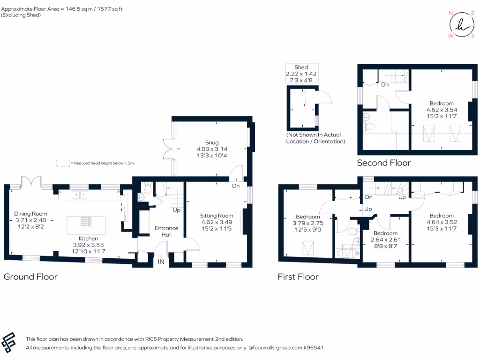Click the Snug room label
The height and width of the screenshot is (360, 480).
(x=212, y=149)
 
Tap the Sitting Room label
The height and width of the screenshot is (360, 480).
(x=217, y=222)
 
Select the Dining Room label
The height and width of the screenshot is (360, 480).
(x=30, y=220)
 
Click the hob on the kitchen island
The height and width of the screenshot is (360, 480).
(x=86, y=221)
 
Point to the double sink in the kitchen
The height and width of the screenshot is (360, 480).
(x=80, y=195)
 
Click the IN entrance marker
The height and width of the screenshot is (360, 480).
(x=161, y=262)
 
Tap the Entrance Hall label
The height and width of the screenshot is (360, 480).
(x=166, y=232)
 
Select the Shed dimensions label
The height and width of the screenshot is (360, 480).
(x=301, y=74)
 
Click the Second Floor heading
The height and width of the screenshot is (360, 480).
(x=384, y=163)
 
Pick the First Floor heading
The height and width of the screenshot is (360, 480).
(x=298, y=277)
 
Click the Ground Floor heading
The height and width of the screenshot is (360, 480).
(x=30, y=277)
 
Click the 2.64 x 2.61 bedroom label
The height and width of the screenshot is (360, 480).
(x=386, y=240)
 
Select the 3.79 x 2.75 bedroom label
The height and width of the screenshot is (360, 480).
(x=307, y=223)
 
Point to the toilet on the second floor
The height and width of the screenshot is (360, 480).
(x=370, y=127)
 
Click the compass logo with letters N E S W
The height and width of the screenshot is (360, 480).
(x=462, y=25)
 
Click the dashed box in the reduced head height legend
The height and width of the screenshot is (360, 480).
(x=63, y=163)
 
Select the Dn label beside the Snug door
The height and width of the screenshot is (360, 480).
(x=236, y=186)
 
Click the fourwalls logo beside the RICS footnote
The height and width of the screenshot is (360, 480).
(x=8, y=343)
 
